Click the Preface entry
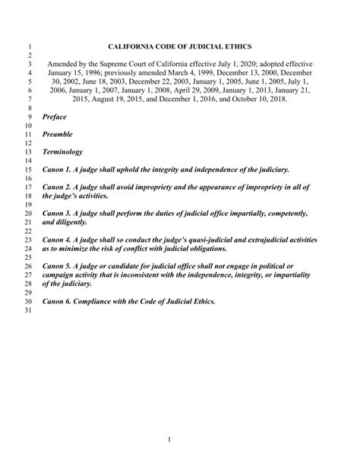coord(54,117)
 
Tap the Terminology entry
coord(62,152)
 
